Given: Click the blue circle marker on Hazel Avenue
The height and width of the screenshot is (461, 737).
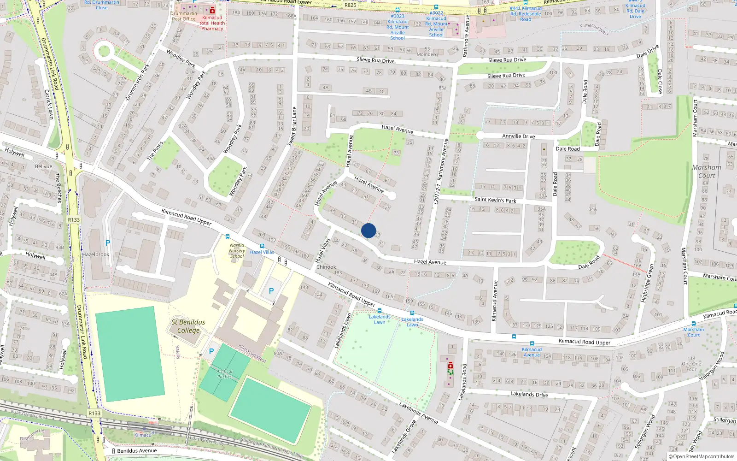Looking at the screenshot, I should coord(368,230).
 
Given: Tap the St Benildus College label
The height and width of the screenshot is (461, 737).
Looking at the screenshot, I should coord(188,326).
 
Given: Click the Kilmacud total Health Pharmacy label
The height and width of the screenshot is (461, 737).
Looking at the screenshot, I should coord(212,23).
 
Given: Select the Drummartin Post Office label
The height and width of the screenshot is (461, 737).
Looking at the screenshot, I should coord(184,16).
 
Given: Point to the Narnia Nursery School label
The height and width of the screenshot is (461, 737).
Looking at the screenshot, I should coord(237,251).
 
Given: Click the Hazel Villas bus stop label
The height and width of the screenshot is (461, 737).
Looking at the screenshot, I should coord(262,252).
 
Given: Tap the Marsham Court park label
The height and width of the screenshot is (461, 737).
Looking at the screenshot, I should coord(707,171).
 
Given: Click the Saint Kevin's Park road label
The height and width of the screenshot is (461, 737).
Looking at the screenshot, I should coord(495,200).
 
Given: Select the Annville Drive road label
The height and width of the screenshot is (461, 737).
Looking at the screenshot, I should coord(518,136).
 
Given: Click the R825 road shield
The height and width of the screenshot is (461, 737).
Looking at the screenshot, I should coord(350,5).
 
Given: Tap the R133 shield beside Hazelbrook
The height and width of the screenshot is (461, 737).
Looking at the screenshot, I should coord(74,220).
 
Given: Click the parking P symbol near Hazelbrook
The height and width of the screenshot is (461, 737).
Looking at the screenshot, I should coord(108,243).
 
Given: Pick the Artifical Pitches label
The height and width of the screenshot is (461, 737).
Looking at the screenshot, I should coord(224,374).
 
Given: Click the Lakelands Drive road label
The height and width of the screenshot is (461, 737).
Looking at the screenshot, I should coord(529,394).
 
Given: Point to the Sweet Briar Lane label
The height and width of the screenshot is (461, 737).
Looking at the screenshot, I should coord(292,127).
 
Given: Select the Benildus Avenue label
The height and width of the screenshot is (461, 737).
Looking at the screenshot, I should coord(137,451).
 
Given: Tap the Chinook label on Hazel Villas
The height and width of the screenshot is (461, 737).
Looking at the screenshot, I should coord(326,267).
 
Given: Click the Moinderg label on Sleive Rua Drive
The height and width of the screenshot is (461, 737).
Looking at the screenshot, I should coord(427,54).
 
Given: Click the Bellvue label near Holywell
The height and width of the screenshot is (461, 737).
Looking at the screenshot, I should coord(44,166).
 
